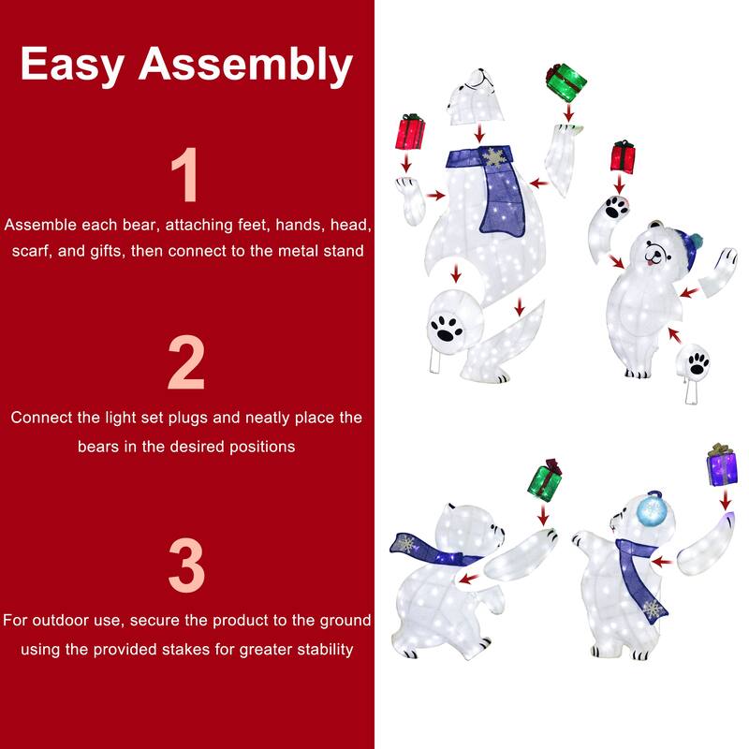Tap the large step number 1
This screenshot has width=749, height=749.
pos(186,176)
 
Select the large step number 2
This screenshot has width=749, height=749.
pos(186,362)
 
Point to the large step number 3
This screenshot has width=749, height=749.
pos(186,564)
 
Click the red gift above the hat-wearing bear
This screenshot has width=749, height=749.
pos(623,155)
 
